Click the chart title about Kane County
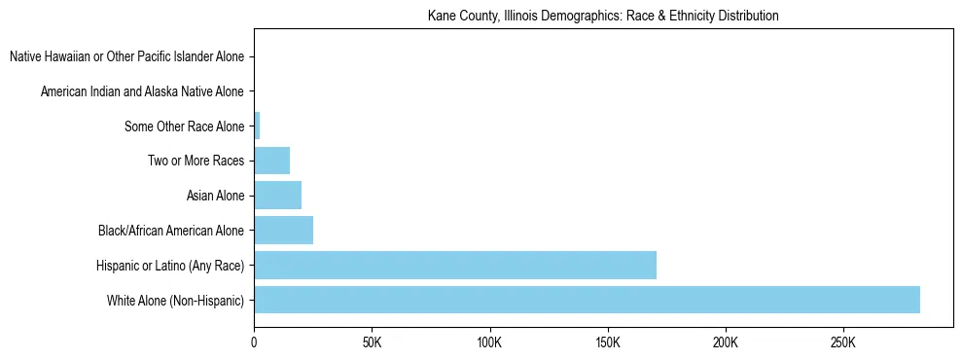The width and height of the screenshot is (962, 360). (603, 17)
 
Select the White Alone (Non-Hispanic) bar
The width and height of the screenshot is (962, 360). (587, 300)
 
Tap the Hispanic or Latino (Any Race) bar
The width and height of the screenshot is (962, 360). (455, 265)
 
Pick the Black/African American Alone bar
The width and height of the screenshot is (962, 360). (283, 231)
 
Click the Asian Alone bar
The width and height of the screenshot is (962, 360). (277, 196)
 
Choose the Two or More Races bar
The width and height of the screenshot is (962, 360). (271, 161)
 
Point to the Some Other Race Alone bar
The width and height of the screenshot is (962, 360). (257, 126)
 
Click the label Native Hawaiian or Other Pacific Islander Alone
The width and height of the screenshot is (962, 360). (126, 57)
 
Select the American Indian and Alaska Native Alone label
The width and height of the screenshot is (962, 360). (142, 92)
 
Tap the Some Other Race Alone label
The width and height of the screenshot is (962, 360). (185, 126)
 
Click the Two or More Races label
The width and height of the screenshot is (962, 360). (196, 161)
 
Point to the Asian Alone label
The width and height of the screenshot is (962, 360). (215, 196)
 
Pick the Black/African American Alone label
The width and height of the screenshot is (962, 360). (171, 231)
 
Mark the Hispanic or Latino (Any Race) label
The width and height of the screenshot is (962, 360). (170, 265)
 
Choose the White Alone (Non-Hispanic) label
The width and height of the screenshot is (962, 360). (176, 300)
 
